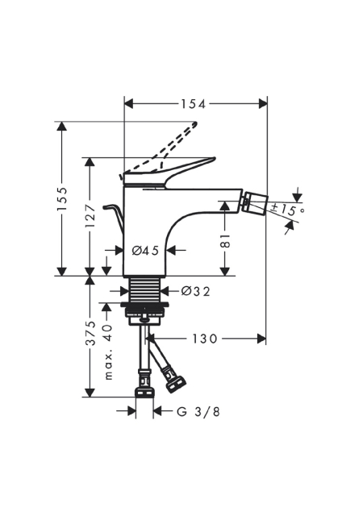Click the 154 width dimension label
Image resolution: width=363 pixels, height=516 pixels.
pyautogui.click(x=193, y=104)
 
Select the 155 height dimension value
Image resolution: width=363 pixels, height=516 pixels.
pyautogui.click(x=61, y=199)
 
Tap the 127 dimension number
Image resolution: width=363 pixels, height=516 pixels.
pyautogui.click(x=90, y=215)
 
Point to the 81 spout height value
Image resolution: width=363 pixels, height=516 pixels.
pyautogui.click(x=224, y=241)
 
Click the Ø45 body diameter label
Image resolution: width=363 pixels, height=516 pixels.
pyautogui.click(x=145, y=251)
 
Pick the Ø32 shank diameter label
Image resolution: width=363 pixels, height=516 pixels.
pyautogui.click(x=195, y=291)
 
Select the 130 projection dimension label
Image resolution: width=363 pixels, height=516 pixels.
pyautogui.click(x=205, y=339)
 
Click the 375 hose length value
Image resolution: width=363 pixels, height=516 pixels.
pyautogui.click(x=90, y=333)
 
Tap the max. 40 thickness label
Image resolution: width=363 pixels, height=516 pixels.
pyautogui.click(x=108, y=352)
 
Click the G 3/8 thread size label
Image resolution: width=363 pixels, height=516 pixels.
pyautogui.click(x=198, y=411)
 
